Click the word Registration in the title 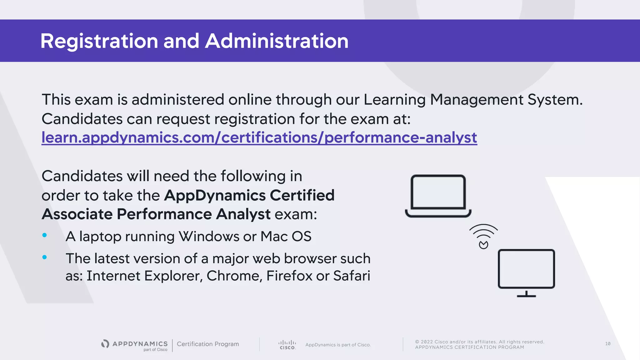(99, 41)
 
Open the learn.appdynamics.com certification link (259, 137)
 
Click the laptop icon (438, 196)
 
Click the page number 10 (607, 344)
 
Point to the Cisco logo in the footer (287, 345)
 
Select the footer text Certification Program (208, 344)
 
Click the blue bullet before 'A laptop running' (45, 235)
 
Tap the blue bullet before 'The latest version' (45, 257)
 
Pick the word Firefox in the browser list (289, 276)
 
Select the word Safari (352, 276)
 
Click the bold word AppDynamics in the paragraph (215, 195)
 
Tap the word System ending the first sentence (555, 100)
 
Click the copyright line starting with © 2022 (480, 342)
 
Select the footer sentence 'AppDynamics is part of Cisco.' (338, 345)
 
